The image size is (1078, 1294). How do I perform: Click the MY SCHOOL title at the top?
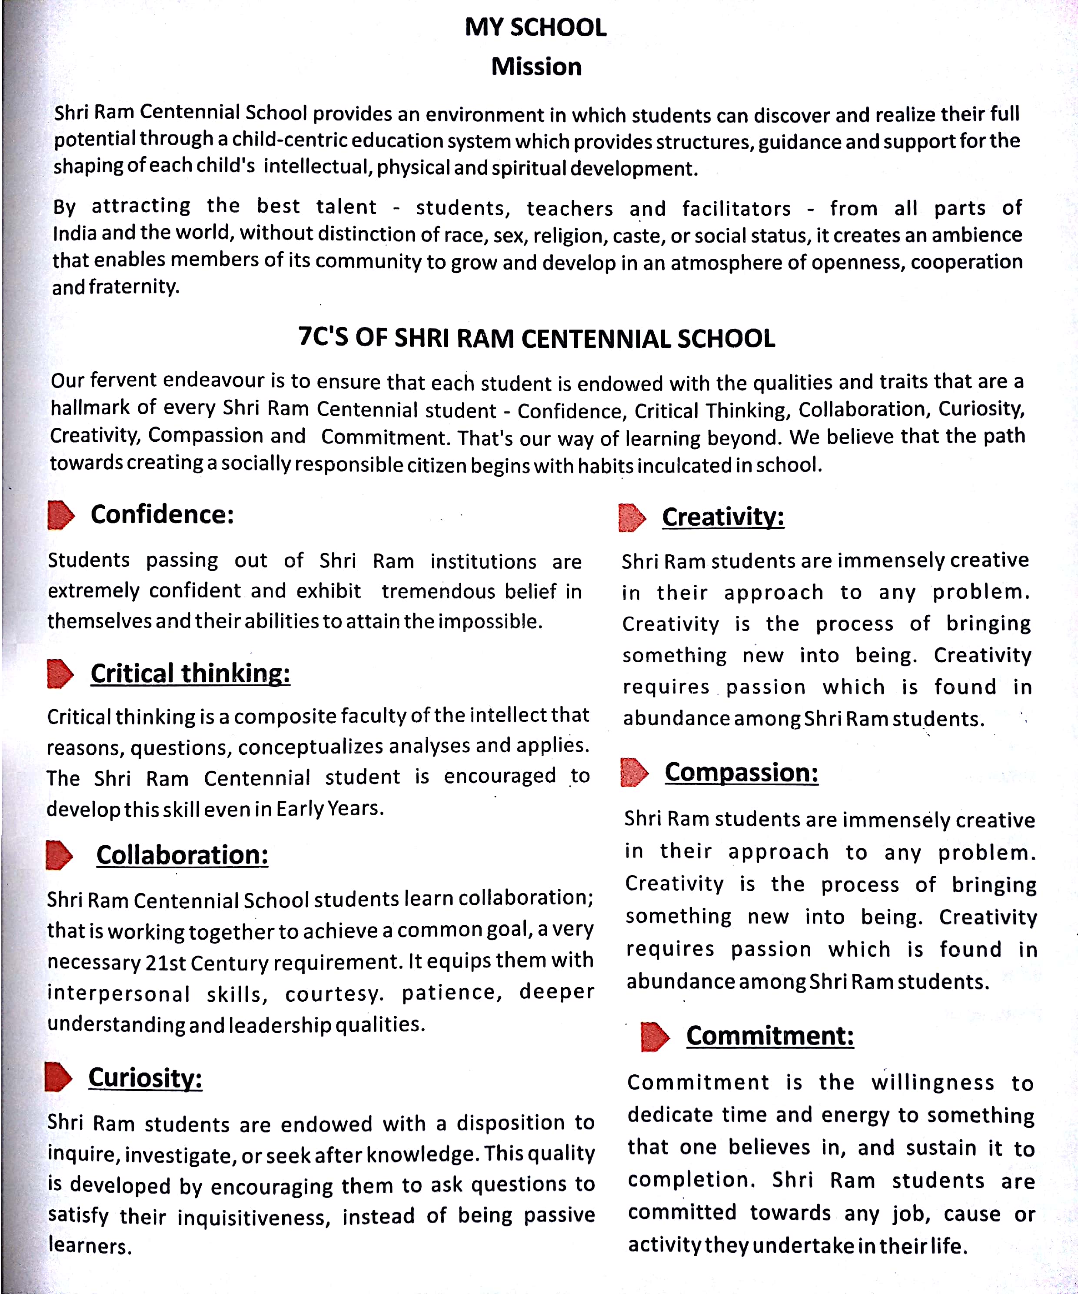(535, 27)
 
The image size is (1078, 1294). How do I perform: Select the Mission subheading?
(536, 67)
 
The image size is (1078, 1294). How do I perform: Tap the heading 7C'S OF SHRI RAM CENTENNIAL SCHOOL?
(536, 338)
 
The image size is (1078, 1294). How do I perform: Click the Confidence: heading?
(162, 514)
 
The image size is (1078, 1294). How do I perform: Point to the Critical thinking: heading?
(190, 673)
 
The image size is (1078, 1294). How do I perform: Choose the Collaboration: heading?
(182, 855)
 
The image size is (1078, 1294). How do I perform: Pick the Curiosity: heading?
(145, 1078)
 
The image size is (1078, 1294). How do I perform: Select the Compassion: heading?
(742, 772)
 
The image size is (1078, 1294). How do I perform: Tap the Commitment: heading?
(770, 1036)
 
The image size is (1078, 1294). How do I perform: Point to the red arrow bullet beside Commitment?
(654, 1037)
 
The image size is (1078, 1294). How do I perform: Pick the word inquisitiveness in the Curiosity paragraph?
(254, 1217)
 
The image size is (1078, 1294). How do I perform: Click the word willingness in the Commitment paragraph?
(932, 1083)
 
